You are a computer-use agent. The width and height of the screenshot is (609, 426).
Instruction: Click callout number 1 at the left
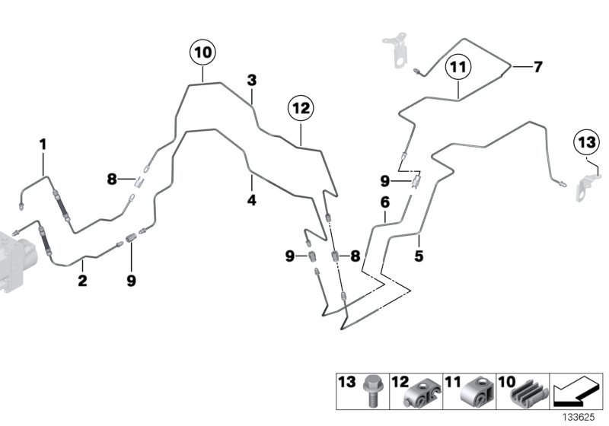tap(43, 144)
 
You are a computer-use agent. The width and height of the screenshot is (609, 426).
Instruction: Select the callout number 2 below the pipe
tap(82, 281)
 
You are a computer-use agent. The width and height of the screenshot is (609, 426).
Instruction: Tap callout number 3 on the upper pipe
tap(251, 80)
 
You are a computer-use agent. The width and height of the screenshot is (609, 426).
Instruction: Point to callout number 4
tap(251, 201)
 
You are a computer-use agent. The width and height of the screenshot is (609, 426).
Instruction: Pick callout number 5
tap(419, 256)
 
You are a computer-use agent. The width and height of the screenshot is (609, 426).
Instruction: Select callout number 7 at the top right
tap(537, 67)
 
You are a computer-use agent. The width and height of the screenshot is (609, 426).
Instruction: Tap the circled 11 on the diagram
tap(459, 68)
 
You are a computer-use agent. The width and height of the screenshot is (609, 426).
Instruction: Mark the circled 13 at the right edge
tap(586, 142)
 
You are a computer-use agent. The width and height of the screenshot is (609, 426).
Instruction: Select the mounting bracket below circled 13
tap(585, 188)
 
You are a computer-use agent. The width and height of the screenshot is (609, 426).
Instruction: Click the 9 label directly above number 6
tap(385, 181)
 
